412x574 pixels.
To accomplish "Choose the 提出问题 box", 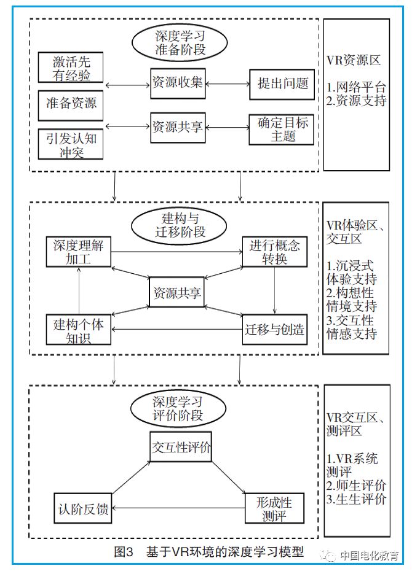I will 282,84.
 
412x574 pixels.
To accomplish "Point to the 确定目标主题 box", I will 282,128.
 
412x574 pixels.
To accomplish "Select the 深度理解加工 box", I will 78,252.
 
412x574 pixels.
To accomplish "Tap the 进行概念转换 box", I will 274,252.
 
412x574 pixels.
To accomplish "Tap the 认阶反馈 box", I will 82,508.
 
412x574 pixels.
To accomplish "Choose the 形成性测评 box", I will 274,509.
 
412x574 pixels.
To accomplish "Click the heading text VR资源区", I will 354,60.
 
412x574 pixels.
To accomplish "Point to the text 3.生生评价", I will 357,499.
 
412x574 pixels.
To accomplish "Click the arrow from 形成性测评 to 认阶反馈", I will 178,508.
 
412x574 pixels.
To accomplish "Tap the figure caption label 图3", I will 123,551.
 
